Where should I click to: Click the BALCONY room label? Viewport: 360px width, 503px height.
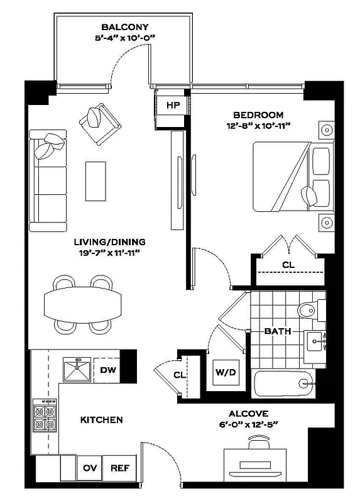pyautogui.click(x=124, y=27)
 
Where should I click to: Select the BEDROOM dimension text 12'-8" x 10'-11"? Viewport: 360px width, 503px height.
pyautogui.click(x=258, y=126)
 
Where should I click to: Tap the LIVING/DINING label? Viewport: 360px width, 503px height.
pyautogui.click(x=109, y=241)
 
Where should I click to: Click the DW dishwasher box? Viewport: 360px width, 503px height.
pyautogui.click(x=107, y=370)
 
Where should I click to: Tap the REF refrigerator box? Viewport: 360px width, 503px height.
pyautogui.click(x=119, y=468)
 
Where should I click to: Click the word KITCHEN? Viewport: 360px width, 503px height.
pyautogui.click(x=101, y=419)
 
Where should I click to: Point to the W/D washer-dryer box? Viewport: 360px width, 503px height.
pyautogui.click(x=226, y=372)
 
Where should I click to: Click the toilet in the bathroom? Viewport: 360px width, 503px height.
pyautogui.click(x=308, y=310)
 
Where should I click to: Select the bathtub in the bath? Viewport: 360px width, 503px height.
pyautogui.click(x=283, y=383)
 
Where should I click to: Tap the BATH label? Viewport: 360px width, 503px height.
pyautogui.click(x=276, y=331)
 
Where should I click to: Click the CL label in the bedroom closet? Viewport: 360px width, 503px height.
pyautogui.click(x=288, y=265)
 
